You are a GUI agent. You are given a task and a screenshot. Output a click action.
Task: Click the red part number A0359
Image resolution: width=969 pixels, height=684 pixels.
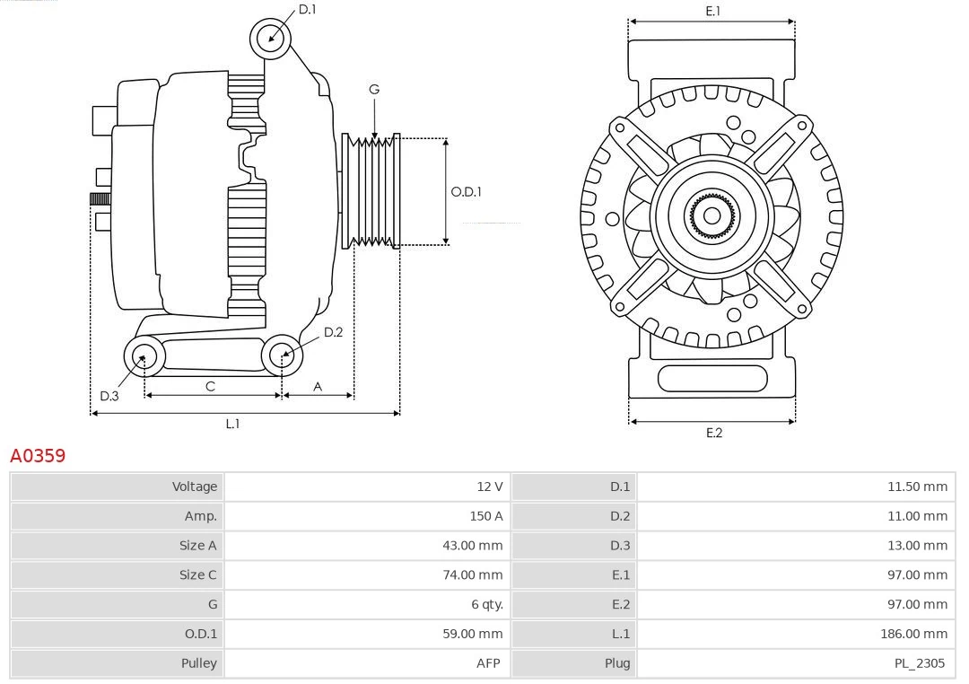tap(38, 456)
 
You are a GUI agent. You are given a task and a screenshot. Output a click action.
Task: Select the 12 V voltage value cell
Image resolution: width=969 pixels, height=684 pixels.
tap(489, 487)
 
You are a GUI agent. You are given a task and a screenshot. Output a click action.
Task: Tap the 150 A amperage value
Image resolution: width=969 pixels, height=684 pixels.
tap(485, 516)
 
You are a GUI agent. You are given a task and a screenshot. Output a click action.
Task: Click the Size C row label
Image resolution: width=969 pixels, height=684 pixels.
tap(197, 574)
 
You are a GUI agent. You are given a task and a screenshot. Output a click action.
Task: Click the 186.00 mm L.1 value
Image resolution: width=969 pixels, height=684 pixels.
tap(913, 634)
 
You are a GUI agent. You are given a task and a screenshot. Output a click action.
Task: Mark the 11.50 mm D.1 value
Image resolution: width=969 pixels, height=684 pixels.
tap(917, 487)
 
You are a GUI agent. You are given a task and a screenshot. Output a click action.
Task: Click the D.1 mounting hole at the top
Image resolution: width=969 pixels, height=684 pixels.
tap(270, 38)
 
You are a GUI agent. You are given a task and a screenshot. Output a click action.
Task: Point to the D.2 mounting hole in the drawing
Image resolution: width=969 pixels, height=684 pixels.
tap(282, 355)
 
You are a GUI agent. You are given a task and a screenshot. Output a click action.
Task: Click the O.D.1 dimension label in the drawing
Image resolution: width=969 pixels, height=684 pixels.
tap(466, 191)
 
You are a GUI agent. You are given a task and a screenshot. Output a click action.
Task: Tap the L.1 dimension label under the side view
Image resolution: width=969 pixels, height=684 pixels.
tap(232, 424)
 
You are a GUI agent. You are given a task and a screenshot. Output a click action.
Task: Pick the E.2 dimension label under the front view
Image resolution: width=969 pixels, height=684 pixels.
tap(713, 433)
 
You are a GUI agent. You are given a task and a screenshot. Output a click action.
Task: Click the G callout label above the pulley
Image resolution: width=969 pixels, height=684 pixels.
tap(374, 89)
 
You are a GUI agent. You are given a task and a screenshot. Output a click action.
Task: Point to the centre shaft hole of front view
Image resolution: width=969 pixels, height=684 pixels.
tap(711, 215)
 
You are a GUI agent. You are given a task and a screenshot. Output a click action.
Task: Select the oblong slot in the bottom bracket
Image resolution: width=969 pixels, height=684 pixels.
tap(712, 378)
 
